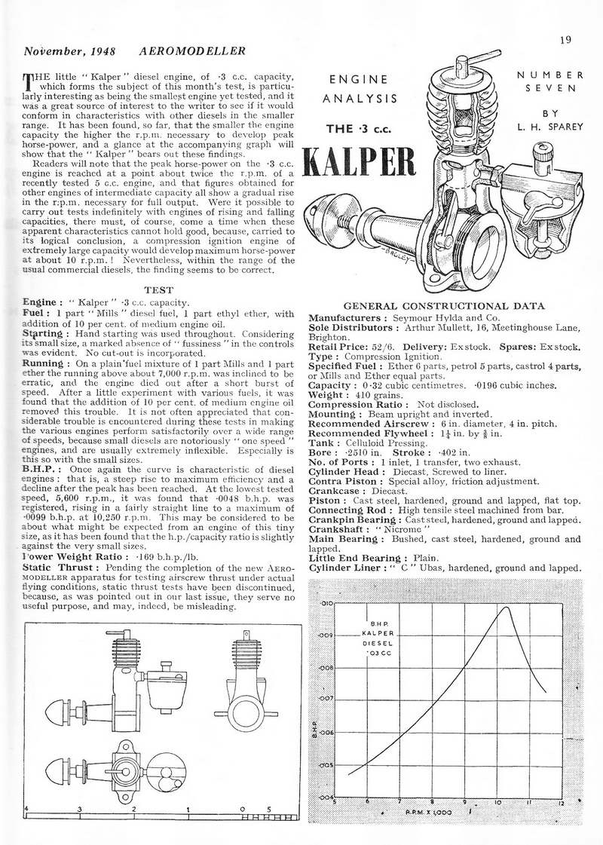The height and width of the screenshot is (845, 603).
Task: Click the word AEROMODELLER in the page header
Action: (x=194, y=51)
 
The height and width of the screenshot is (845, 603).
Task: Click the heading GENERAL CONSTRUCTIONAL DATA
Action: (x=444, y=306)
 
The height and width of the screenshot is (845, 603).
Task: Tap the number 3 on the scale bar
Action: (x=80, y=808)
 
